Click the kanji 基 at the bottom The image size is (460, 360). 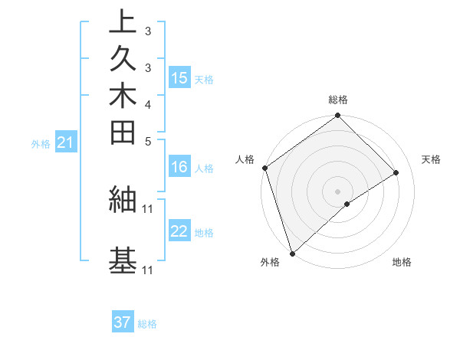pyautogui.click(x=123, y=260)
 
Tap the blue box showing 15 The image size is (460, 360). pyautogui.click(x=179, y=78)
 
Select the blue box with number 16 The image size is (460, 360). pyautogui.click(x=179, y=168)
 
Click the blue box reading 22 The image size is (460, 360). pyautogui.click(x=179, y=232)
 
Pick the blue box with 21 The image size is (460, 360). pyautogui.click(x=66, y=142)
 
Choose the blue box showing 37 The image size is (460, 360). pyautogui.click(x=123, y=323)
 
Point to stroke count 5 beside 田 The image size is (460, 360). pyautogui.click(x=147, y=141)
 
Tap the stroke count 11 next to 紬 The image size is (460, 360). pyautogui.click(x=148, y=208)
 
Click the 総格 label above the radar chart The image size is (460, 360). pyautogui.click(x=338, y=100)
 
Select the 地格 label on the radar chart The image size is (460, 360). pyautogui.click(x=402, y=263)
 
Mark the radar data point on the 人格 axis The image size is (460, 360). pyautogui.click(x=264, y=168)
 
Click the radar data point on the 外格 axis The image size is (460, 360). pyautogui.click(x=292, y=253)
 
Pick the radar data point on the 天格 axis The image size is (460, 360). pyautogui.click(x=396, y=172)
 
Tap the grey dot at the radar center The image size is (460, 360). pyautogui.click(x=337, y=191)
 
